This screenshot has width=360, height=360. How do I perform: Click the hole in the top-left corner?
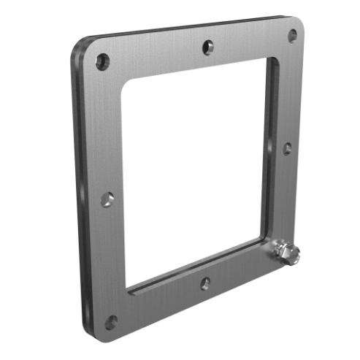102,61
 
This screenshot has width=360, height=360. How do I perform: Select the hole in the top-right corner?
292,35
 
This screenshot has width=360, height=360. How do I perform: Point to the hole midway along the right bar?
288,148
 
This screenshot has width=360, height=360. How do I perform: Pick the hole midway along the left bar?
107,199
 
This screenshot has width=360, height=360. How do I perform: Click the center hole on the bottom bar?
205,283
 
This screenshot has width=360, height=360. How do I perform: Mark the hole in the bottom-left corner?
111,321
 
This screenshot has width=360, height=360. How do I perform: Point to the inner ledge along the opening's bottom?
197,267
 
